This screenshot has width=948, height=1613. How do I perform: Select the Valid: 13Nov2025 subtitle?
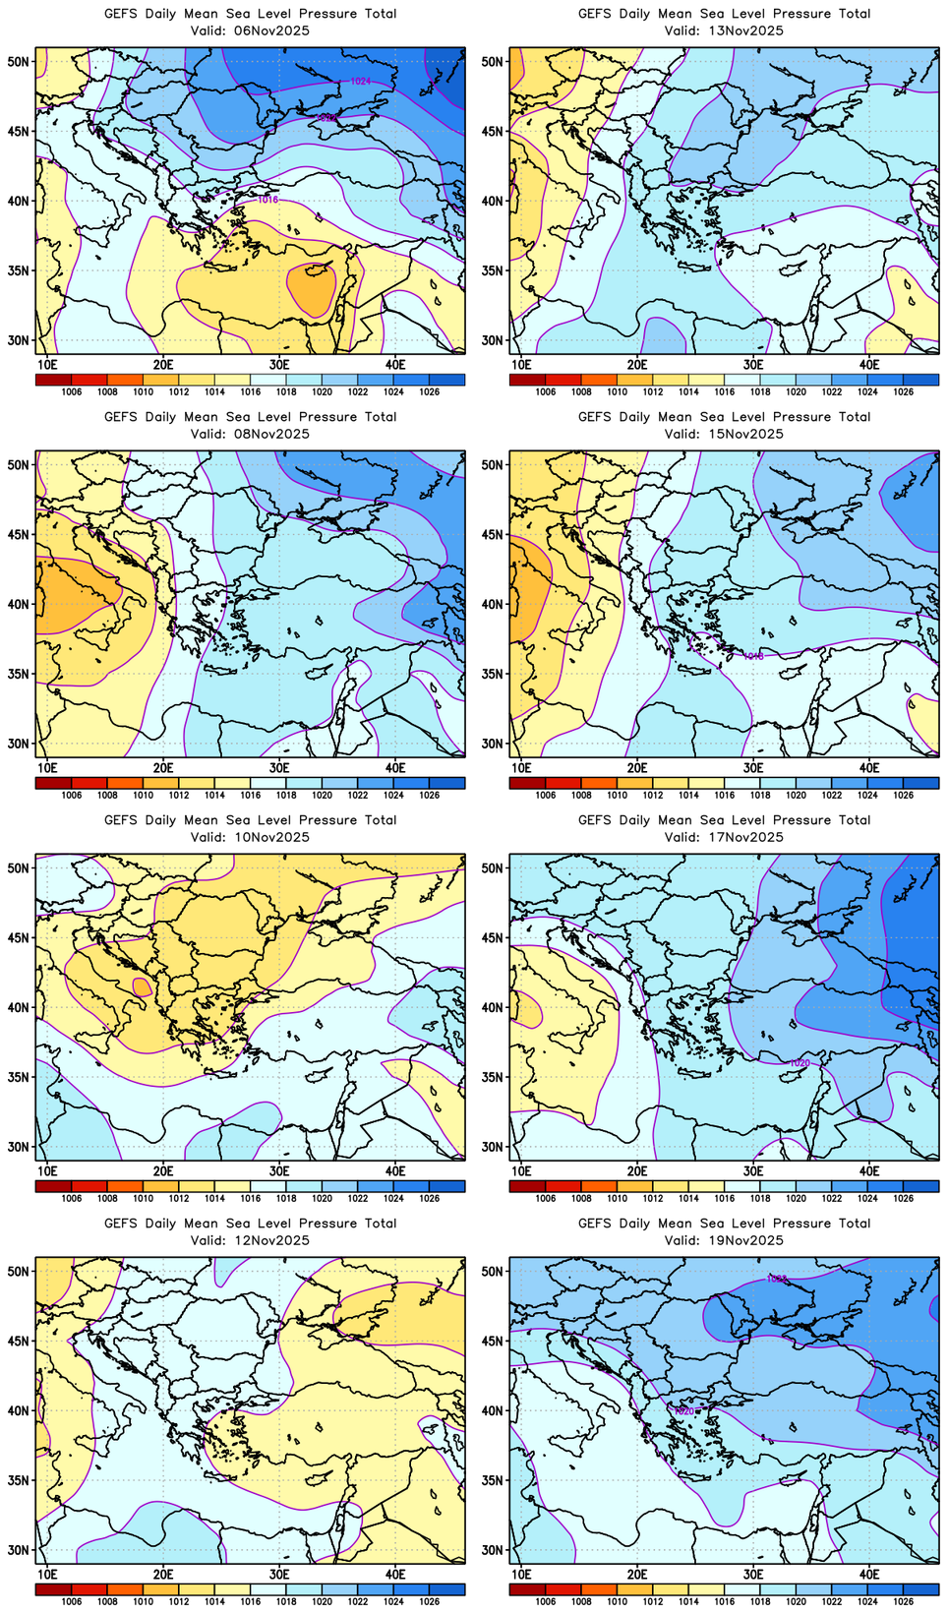pyautogui.click(x=724, y=30)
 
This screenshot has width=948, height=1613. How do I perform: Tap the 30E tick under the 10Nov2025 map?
pyautogui.click(x=279, y=1170)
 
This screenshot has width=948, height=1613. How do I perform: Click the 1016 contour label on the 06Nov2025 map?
pyautogui.click(x=267, y=200)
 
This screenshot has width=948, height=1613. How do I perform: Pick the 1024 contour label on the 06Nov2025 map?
pyautogui.click(x=360, y=81)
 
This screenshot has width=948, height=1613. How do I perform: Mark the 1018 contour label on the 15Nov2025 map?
pyautogui.click(x=753, y=656)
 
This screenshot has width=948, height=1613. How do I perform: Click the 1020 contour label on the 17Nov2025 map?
pyautogui.click(x=800, y=1063)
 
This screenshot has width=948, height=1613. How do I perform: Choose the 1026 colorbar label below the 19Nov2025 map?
pyautogui.click(x=903, y=1601)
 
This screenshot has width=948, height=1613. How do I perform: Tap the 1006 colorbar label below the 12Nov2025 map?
pyautogui.click(x=71, y=1601)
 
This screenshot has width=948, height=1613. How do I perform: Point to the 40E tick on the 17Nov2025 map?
pyautogui.click(x=869, y=1170)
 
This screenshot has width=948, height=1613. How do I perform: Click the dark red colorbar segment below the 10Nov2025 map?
pyautogui.click(x=53, y=1186)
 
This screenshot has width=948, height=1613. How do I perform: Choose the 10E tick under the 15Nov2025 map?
pyautogui.click(x=521, y=767)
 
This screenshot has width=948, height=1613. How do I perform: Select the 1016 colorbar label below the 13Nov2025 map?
pyautogui.click(x=724, y=391)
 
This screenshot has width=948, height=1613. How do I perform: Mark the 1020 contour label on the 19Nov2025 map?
pyautogui.click(x=684, y=1411)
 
